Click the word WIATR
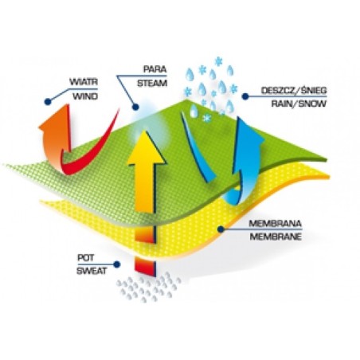84,82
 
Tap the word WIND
85,96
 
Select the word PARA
155,69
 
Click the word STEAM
152,84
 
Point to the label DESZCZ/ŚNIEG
294,91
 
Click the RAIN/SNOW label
299,104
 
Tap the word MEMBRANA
275,224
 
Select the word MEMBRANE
276,237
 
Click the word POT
85,258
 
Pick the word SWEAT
92,271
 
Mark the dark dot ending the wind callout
48,101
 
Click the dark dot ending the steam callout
135,107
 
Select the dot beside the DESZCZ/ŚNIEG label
245,96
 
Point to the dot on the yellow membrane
221,229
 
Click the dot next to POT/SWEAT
116,264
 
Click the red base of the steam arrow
146,267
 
